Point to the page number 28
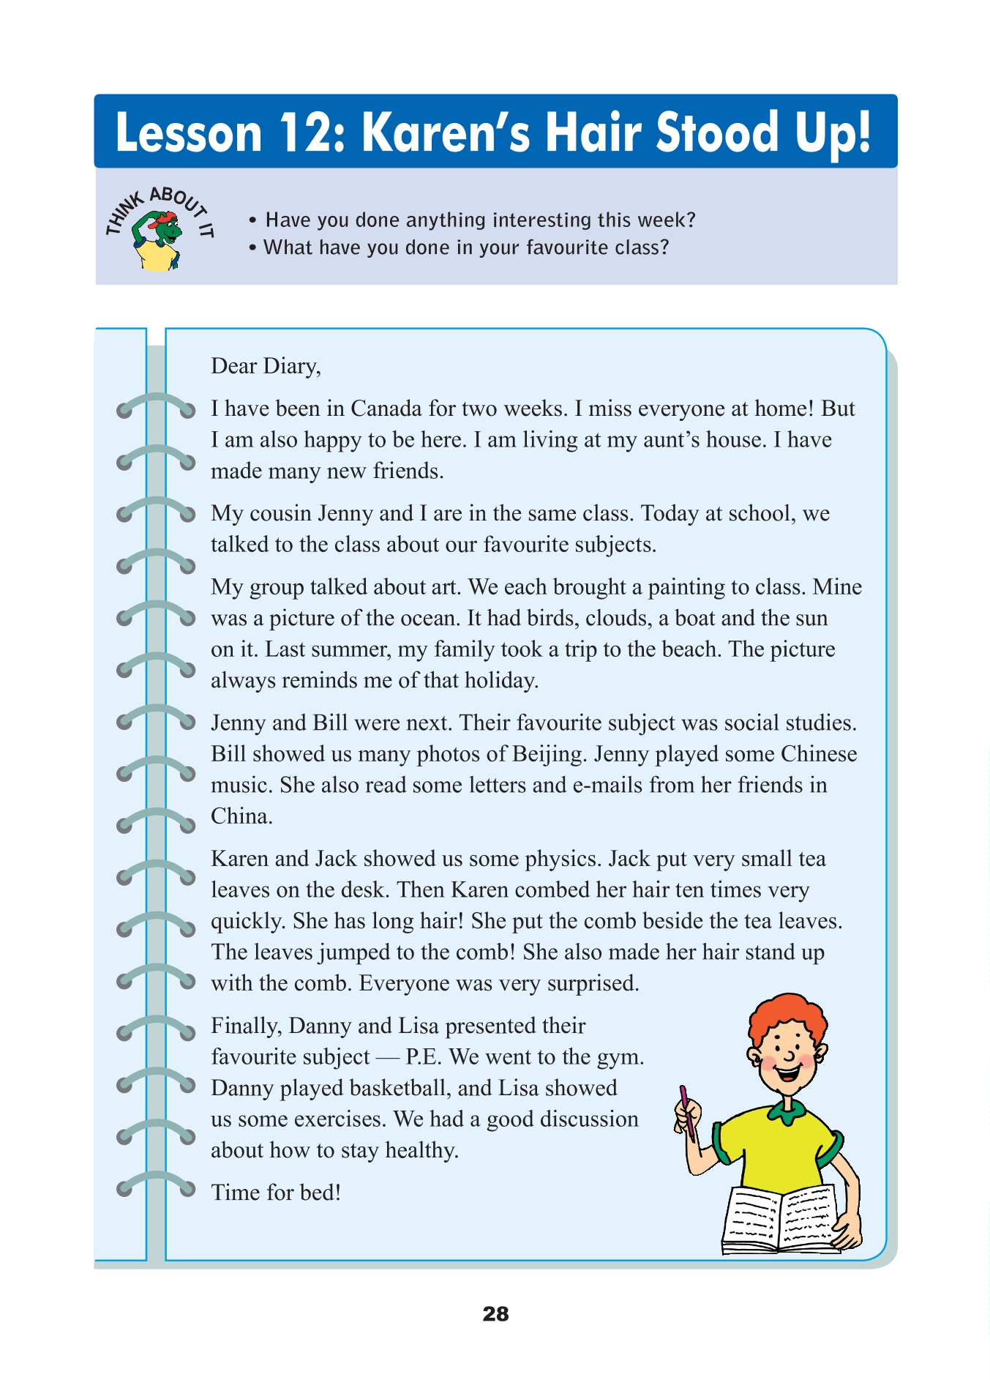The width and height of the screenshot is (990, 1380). [495, 1314]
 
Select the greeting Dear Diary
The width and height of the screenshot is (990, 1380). [266, 366]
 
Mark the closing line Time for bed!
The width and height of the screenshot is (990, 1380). [276, 1193]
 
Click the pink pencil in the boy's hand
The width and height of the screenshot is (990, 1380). [686, 1109]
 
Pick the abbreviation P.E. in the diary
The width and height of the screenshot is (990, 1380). [424, 1057]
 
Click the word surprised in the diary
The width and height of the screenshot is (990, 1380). [593, 983]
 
